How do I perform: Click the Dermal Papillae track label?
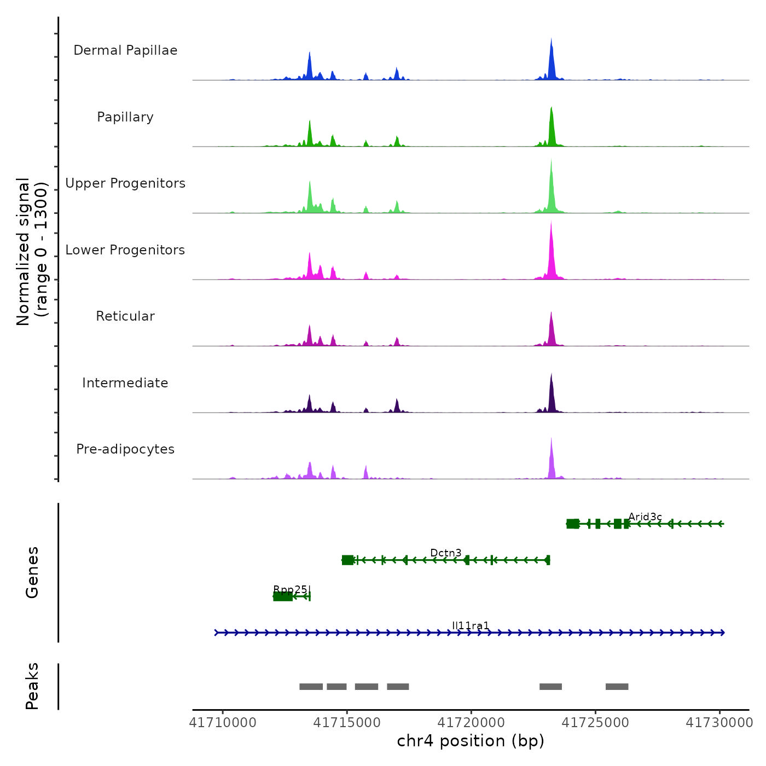pyautogui.click(x=125, y=50)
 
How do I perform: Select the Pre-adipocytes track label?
pyautogui.click(x=125, y=449)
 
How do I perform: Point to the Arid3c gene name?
pyautogui.click(x=645, y=517)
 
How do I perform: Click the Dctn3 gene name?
pyautogui.click(x=446, y=553)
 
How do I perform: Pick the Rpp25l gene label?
pyautogui.click(x=292, y=589)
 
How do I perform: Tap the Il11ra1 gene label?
pyautogui.click(x=471, y=626)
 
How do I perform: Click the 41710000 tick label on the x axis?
pyautogui.click(x=223, y=723)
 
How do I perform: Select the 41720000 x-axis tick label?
pyautogui.click(x=471, y=723)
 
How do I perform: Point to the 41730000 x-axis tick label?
pyautogui.click(x=719, y=723)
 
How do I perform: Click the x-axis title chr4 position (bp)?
pyautogui.click(x=471, y=741)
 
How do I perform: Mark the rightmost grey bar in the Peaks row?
pyautogui.click(x=617, y=687)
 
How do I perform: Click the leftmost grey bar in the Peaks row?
pyautogui.click(x=311, y=687)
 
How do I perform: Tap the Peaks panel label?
pyautogui.click(x=32, y=686)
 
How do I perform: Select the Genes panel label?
pyautogui.click(x=32, y=572)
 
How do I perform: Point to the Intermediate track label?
pyautogui.click(x=125, y=383)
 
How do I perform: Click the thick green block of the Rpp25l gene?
pyautogui.click(x=282, y=596)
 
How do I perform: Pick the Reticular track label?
pyautogui.click(x=125, y=316)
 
